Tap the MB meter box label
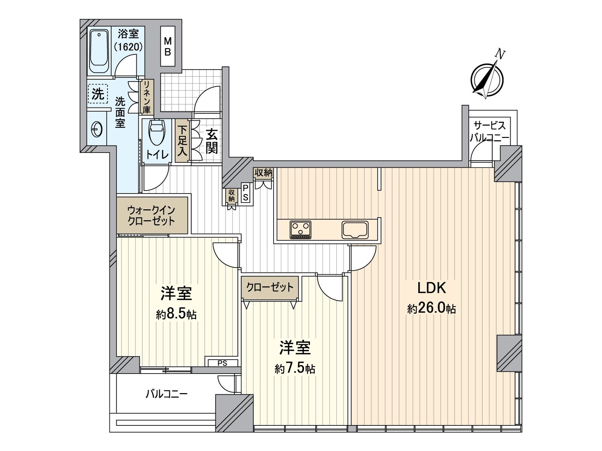click(x=167, y=47)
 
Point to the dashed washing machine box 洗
click(x=98, y=94)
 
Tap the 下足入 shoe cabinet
click(x=182, y=141)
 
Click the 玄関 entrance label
click(x=212, y=141)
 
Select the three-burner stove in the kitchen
click(x=301, y=230)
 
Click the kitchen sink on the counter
click(x=355, y=230)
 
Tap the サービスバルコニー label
click(x=490, y=132)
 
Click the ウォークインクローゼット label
click(x=151, y=216)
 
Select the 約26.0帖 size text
click(x=432, y=309)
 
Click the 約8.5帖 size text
click(x=176, y=315)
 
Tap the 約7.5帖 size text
click(x=295, y=369)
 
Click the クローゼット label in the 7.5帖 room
click(x=270, y=287)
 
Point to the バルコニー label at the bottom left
click(x=166, y=394)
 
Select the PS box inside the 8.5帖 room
click(x=222, y=363)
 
